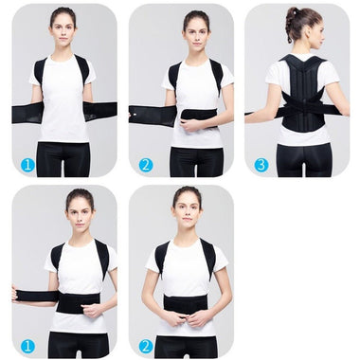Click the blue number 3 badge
click(261, 165)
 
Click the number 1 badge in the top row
click(27, 165)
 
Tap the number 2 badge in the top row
click(145, 165)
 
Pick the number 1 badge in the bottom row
click(27, 346)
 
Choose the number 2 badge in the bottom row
click(145, 346)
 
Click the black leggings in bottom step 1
click(79, 343)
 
